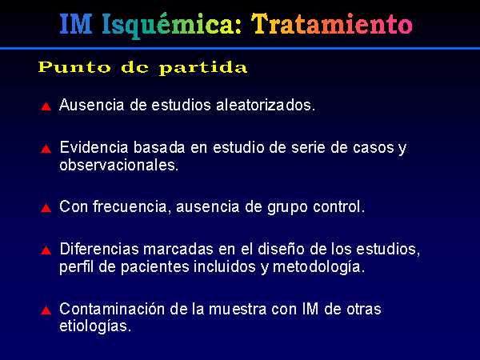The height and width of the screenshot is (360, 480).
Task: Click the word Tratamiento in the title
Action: coord(332,24)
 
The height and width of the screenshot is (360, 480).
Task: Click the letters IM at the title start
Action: coord(76,24)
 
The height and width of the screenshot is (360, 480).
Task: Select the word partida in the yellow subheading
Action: coord(203,68)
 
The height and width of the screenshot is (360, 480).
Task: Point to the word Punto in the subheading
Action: coord(74,67)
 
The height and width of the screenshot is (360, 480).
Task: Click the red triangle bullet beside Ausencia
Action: coord(46,106)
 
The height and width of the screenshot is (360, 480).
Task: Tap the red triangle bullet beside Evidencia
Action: coord(46,149)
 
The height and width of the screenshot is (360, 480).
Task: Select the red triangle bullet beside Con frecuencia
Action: coord(46,208)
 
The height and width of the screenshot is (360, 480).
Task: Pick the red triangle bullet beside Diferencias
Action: coord(46,250)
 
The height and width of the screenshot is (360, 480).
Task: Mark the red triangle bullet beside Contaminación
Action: coord(46,310)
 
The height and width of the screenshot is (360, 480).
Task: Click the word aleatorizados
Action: coord(266,105)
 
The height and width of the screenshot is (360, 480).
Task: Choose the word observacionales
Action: coord(118,166)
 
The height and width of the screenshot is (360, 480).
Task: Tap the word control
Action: coord(339,206)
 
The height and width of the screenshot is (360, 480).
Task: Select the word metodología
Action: coord(318,267)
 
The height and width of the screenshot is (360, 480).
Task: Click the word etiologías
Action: coord(95,326)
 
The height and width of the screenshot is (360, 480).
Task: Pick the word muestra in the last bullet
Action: coord(238,309)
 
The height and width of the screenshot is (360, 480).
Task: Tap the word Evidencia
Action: coord(94,147)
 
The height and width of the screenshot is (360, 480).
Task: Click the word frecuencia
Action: coord(131,206)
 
